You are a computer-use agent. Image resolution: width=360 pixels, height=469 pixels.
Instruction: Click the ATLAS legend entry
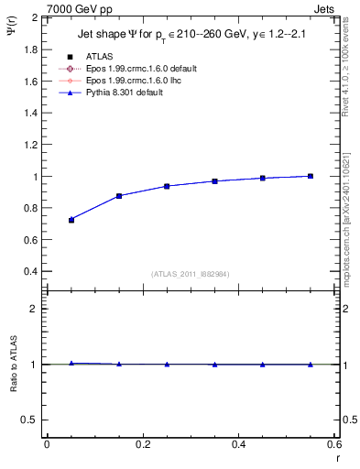99,57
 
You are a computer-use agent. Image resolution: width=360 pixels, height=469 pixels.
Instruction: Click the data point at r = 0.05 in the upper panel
71,220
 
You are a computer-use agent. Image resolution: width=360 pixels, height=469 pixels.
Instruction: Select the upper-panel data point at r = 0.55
311,176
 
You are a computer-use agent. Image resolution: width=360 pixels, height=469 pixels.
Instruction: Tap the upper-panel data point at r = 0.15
119,196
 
